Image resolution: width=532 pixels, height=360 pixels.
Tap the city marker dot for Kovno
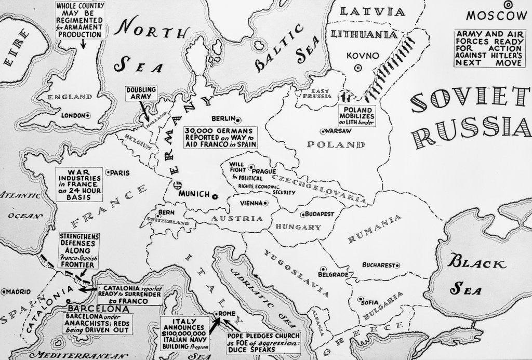click(357, 68)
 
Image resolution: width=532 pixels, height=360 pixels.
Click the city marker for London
click(88, 115)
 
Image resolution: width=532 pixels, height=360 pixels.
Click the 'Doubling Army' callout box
click(141, 94)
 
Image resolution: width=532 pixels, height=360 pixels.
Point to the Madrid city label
click(19, 291)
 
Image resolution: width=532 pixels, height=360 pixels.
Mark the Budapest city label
click(320, 214)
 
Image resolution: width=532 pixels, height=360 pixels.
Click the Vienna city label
click(250, 203)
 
